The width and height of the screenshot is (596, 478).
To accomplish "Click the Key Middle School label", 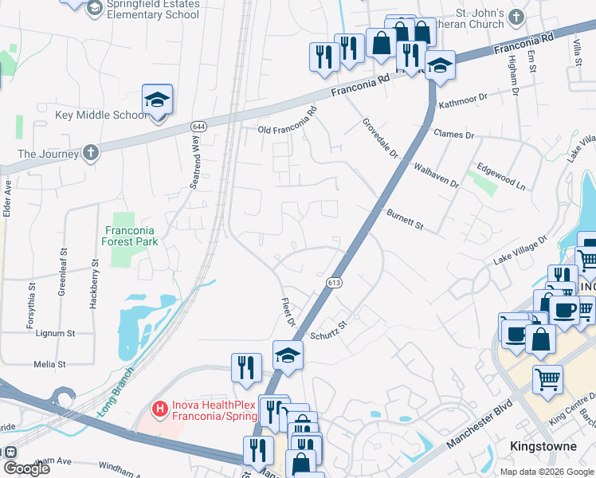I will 100,115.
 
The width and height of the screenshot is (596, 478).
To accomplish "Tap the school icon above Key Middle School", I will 158,101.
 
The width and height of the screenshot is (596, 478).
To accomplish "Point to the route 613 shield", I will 334,282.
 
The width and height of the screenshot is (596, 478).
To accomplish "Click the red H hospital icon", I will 160,410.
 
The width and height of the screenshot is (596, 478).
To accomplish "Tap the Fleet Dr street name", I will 288,312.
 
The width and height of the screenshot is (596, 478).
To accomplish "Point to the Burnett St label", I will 405,215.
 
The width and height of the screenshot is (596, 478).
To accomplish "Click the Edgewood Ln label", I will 501,176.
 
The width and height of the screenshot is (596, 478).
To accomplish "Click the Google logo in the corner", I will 26,469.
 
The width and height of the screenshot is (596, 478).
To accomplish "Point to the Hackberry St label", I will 93,276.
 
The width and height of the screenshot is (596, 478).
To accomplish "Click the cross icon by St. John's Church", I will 517,17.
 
